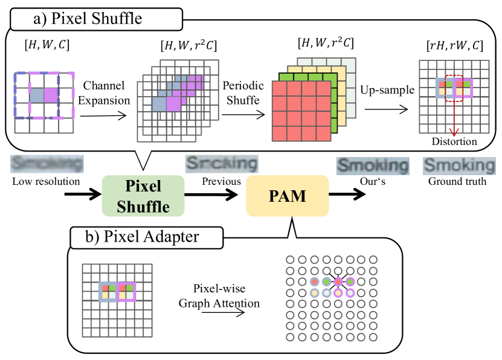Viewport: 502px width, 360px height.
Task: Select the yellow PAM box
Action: [287, 196]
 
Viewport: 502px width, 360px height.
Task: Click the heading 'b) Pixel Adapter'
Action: [135, 237]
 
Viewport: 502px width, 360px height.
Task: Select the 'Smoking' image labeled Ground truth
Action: [459, 165]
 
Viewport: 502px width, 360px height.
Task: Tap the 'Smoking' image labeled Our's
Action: [373, 165]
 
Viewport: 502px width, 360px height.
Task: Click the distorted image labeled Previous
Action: [222, 163]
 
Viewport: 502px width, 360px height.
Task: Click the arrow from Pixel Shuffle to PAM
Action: [214, 196]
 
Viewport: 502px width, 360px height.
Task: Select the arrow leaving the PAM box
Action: [347, 196]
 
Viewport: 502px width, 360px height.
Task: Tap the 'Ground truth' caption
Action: [457, 181]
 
